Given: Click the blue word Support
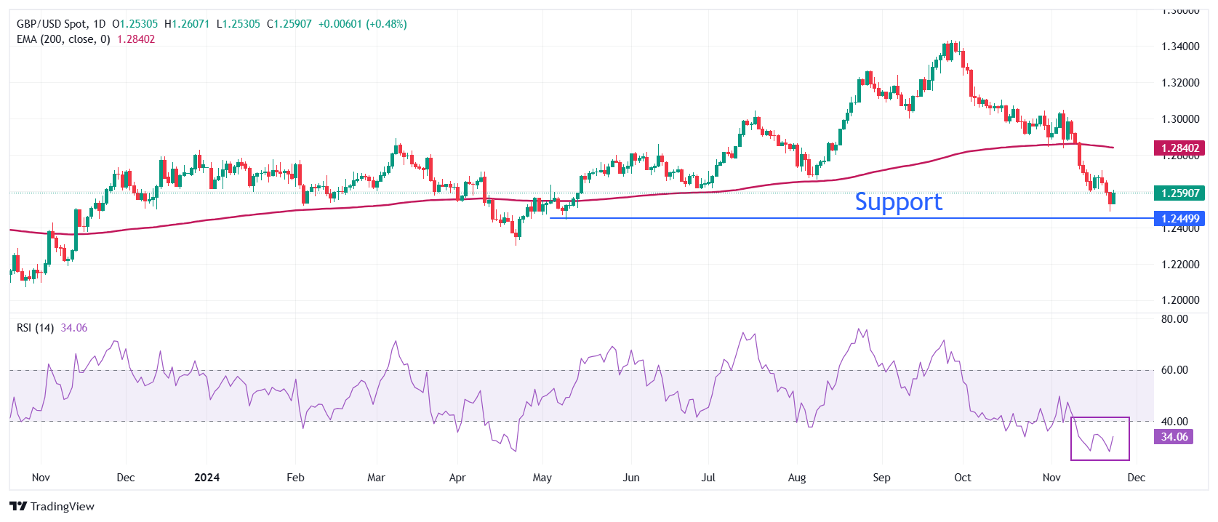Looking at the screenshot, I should tap(898, 202).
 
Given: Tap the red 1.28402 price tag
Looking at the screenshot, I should tap(1179, 148).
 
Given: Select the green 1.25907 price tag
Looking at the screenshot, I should tap(1179, 193).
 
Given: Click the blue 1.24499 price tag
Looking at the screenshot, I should tap(1179, 219).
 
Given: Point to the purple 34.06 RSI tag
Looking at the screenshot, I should tap(1174, 437).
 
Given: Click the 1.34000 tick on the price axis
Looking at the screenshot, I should tap(1179, 47).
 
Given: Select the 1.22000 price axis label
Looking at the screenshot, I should tap(1179, 265).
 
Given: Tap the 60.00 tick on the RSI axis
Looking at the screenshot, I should tap(1174, 370).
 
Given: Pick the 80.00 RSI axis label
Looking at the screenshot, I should tap(1174, 319).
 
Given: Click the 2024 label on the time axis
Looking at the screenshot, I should tap(207, 478).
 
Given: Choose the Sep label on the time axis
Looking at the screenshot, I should tap(881, 478).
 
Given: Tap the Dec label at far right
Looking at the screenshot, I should tap(1136, 478).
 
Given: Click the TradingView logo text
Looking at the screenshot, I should tap(52, 507).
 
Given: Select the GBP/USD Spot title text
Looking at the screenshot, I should tap(51, 24).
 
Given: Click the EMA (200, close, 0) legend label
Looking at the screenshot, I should tap(63, 39).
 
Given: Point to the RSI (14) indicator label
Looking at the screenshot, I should tap(35, 328).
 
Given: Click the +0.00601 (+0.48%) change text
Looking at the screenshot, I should tap(362, 24).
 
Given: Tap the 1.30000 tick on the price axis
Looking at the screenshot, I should tap(1179, 119).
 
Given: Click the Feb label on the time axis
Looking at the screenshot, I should tap(295, 478).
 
